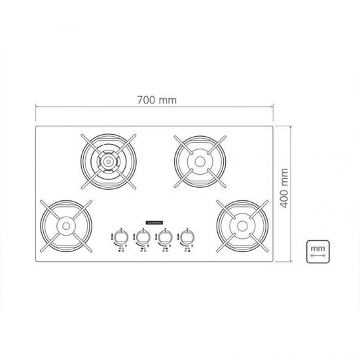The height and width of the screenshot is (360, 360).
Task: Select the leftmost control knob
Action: click(120, 236)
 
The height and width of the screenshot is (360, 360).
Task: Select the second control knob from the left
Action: click(143, 236)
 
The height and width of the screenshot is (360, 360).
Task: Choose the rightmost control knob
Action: click(189, 236)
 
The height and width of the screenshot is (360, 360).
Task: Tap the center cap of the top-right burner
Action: click(196, 159)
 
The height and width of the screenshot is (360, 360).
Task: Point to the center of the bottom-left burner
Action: click(65, 226)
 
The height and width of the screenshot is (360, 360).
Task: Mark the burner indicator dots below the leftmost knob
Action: click(120, 251)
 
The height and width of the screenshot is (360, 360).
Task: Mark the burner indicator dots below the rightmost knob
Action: click(189, 251)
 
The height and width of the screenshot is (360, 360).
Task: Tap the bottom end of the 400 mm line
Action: click(290, 261)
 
